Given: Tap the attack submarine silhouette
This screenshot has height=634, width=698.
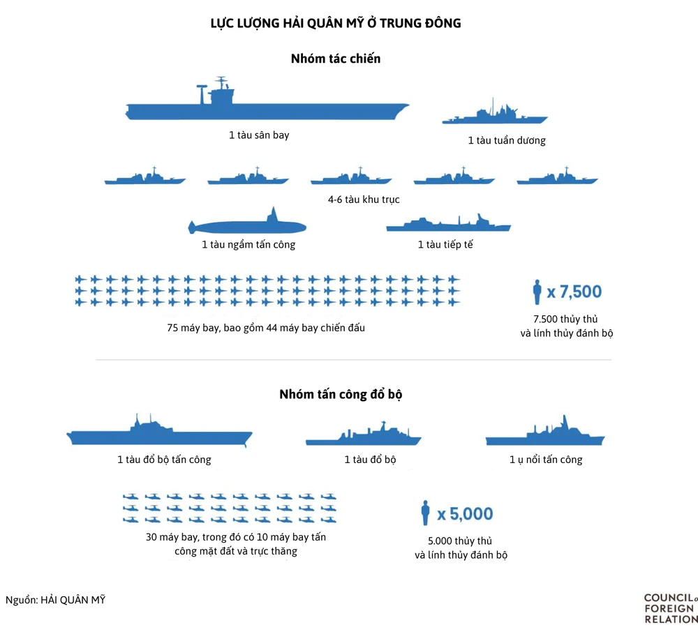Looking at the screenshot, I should pos(248,225).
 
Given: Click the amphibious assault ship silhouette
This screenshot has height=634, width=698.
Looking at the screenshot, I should pos(159,437).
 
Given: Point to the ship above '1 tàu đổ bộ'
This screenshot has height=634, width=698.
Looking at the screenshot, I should pos(363,439).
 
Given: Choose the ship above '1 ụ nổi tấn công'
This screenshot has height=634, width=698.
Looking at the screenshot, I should pos(545,437).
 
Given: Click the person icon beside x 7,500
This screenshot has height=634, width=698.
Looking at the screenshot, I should pos(537,292).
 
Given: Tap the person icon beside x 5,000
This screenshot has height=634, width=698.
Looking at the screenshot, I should pos(425,514).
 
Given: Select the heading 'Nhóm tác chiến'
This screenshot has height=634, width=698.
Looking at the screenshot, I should pos(336,59).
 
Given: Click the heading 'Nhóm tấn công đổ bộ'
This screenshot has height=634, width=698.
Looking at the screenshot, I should pos(341,394).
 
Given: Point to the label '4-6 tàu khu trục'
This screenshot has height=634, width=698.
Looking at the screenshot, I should pos(364,199).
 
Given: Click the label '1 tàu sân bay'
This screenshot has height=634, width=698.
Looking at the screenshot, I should pos(259,135).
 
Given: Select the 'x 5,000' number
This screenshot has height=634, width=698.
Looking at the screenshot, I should pos(465,515).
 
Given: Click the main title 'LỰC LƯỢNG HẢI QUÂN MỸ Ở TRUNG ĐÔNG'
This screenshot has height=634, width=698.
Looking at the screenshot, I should pos(336,24).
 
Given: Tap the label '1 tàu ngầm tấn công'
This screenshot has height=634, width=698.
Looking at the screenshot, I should pos(248,245).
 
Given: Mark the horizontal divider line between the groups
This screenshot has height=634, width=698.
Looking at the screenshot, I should pos(353,360).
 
